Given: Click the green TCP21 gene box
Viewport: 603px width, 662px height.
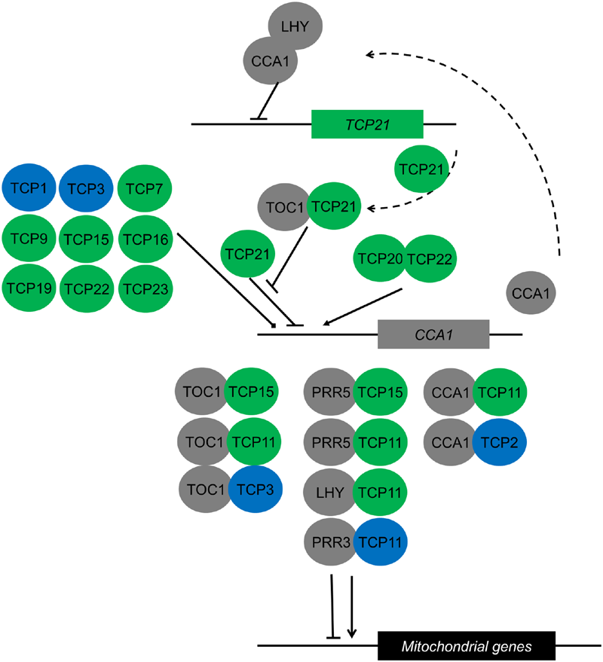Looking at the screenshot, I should [367, 124].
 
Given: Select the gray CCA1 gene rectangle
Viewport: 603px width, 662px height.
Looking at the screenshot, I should [433, 333].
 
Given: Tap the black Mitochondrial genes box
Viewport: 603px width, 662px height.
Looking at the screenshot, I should [467, 645].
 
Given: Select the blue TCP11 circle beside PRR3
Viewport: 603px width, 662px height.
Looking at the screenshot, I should [381, 541].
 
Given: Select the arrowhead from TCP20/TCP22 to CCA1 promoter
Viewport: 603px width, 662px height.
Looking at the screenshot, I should [325, 324].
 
